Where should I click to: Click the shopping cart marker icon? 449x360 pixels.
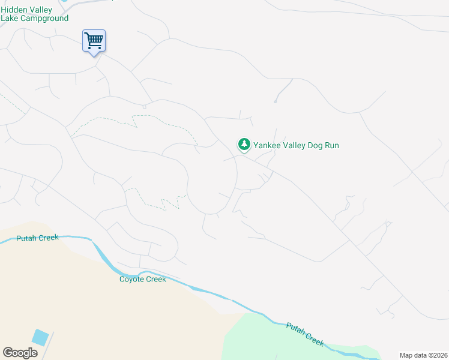(94, 41)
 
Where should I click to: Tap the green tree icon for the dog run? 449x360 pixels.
(244, 145)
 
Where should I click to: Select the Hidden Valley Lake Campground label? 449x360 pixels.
(34, 14)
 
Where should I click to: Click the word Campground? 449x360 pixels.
(43, 18)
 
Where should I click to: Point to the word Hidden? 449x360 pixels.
(13, 10)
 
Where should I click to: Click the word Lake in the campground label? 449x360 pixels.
(10, 18)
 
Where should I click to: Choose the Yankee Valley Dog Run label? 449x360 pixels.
(296, 145)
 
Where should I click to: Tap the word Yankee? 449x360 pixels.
(267, 145)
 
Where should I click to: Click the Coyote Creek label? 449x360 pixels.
(142, 279)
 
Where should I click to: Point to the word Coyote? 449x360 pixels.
(132, 279)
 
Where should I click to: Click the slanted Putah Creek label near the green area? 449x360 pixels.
(305, 334)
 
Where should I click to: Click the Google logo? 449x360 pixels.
(20, 353)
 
